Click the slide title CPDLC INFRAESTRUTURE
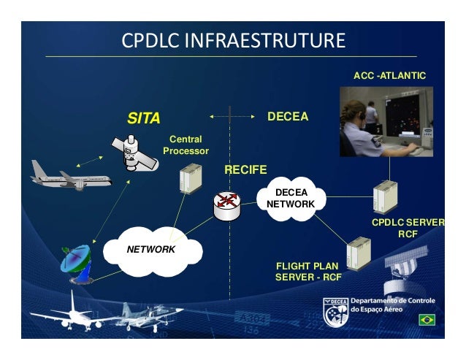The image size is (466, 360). click(233, 40)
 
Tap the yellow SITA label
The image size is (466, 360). click(144, 118)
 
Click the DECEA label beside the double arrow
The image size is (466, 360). click(288, 117)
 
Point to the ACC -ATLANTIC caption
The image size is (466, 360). click(389, 75)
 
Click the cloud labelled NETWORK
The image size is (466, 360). click(152, 250)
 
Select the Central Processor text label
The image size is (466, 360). click(186, 145)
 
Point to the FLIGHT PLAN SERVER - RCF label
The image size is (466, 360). click(308, 272)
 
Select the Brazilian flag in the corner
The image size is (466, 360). click(427, 321)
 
